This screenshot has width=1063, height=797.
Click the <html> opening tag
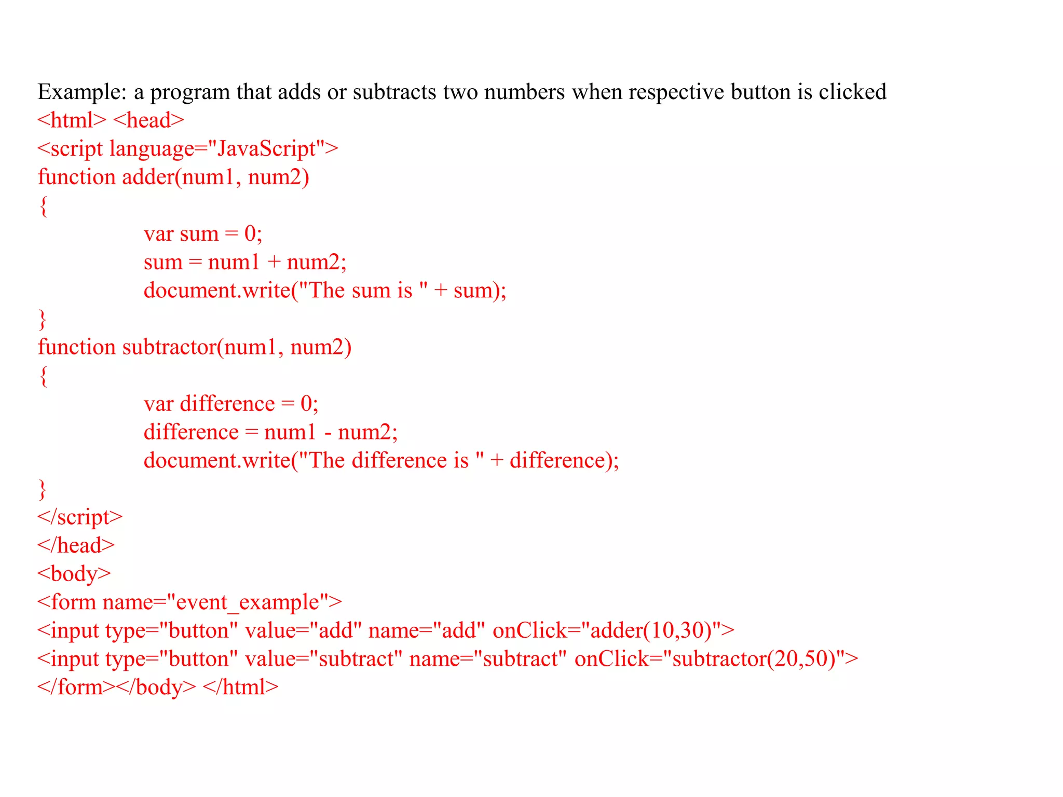coord(72,120)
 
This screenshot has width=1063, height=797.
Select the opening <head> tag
coord(148,120)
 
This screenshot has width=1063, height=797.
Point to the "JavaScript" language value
coord(266,149)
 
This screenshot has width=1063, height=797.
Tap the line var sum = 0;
coord(203,234)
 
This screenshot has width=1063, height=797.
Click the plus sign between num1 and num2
coord(274,263)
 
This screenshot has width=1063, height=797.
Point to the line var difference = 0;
coord(231,404)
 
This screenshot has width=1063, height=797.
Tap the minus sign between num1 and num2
coord(328,432)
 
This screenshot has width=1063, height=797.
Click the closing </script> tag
coord(80,517)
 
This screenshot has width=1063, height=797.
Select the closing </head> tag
coord(76,546)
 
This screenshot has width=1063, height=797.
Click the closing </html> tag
coord(240,688)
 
